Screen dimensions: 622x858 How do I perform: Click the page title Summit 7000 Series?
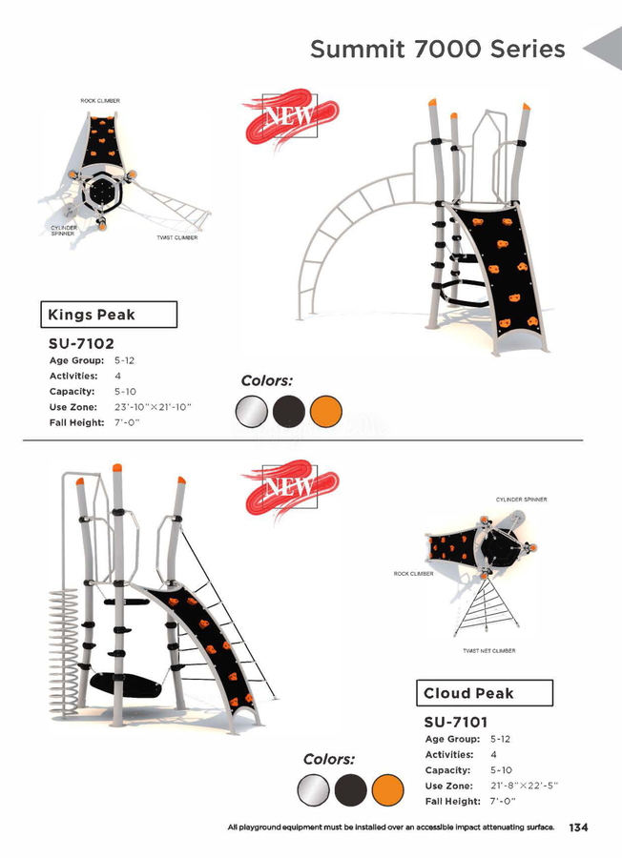click(438, 49)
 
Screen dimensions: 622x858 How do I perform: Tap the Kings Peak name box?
click(109, 315)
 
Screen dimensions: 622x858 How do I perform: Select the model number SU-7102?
click(82, 343)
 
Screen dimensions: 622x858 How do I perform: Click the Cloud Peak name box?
click(485, 693)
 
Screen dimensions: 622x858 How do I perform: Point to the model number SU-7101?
click(456, 723)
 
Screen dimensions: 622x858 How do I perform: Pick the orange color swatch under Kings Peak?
click(325, 412)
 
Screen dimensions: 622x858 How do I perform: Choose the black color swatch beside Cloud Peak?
click(350, 790)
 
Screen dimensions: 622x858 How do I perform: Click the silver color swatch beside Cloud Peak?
click(313, 790)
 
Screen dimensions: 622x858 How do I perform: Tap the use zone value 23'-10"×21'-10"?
click(153, 407)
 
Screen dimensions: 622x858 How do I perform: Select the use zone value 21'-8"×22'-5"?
click(524, 786)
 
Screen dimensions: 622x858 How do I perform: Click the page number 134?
click(578, 827)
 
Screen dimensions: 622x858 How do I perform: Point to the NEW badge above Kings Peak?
click(290, 117)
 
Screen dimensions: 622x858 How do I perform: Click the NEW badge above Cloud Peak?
click(290, 488)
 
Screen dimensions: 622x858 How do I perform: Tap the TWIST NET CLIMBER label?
click(489, 650)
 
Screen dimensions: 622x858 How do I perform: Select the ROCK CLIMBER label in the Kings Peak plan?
click(100, 101)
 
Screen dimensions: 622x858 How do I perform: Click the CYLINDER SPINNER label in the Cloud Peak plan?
click(521, 500)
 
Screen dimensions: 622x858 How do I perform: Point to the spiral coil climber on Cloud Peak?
click(64, 651)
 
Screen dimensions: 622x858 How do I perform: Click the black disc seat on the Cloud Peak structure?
click(125, 684)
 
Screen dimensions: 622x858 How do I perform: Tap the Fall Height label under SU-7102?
click(76, 422)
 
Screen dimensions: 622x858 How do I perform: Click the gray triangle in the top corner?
click(605, 49)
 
